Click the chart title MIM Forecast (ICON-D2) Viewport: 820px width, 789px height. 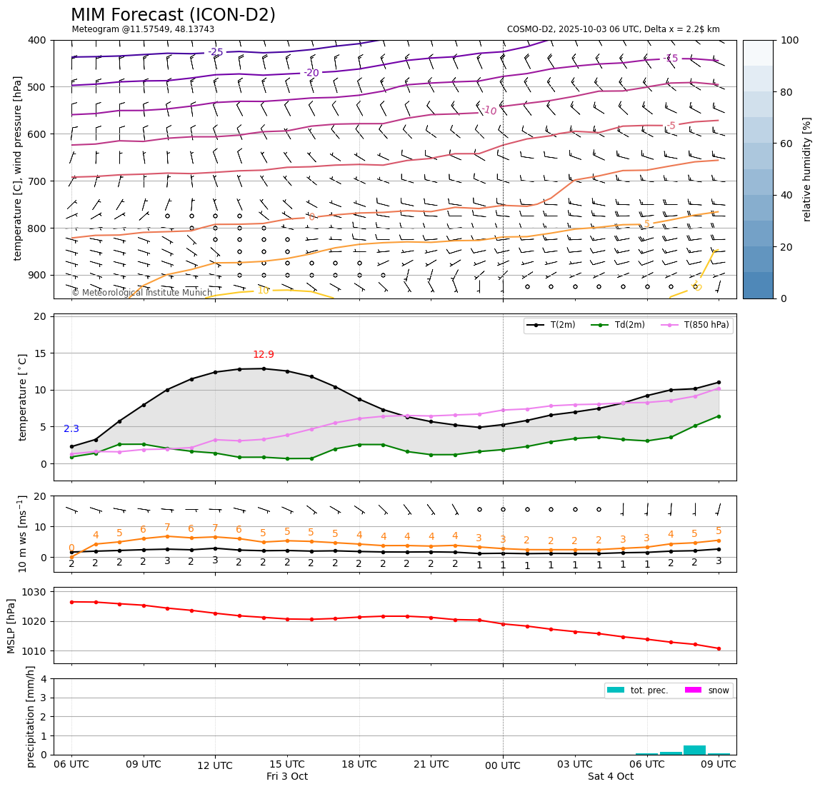click(173, 15)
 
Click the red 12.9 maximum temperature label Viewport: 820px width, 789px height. click(263, 355)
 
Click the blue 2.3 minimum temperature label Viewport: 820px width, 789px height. click(71, 429)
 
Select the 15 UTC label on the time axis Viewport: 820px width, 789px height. click(287, 764)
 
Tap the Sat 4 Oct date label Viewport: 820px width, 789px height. click(611, 776)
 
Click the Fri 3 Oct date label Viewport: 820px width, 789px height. click(287, 776)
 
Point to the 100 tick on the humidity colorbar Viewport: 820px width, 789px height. click(789, 41)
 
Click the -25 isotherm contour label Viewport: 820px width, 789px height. click(215, 52)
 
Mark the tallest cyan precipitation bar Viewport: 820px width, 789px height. click(694, 750)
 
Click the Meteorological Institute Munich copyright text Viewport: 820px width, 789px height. click(141, 293)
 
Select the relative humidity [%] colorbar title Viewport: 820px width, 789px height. click(807, 169)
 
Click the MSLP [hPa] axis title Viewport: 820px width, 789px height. click(11, 625)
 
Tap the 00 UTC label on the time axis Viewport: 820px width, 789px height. click(503, 765)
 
